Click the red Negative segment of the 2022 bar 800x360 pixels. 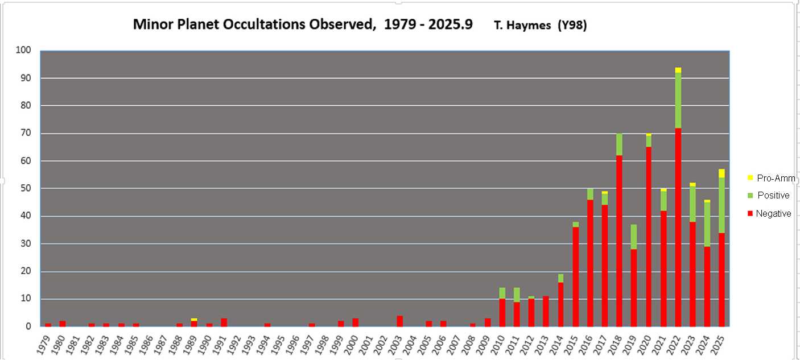pos(678,227)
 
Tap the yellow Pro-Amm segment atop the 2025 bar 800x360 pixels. pos(721,173)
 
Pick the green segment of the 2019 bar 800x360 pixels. pos(634,237)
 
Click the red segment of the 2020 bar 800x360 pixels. pos(649,236)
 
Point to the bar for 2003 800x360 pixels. pos(400,321)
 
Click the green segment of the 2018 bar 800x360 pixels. pos(619,144)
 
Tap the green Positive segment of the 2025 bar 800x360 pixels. pos(721,205)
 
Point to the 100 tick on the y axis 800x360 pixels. pos(23,51)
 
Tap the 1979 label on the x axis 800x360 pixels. pos(47,343)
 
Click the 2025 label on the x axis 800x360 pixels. pos(721,343)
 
